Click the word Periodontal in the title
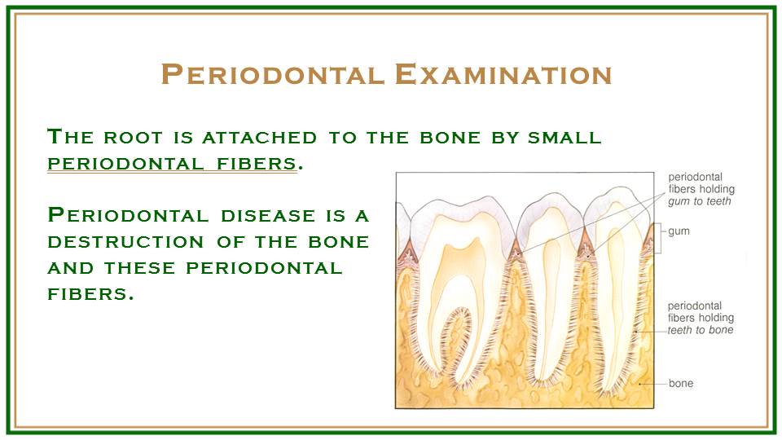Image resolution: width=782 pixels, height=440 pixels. [273, 74]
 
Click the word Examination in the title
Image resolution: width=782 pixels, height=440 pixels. [503, 74]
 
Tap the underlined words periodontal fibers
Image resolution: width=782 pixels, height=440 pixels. [172, 164]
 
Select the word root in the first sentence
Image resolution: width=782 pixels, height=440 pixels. [133, 137]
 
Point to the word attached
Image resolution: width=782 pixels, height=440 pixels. [259, 137]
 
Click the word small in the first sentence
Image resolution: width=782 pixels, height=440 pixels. [565, 137]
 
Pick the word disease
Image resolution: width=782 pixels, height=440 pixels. [268, 215]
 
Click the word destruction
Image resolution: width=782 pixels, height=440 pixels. [125, 242]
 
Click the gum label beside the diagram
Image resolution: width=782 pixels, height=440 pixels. [679, 231]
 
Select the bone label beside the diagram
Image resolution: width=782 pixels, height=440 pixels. [681, 383]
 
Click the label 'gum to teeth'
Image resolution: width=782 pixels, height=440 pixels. [699, 201]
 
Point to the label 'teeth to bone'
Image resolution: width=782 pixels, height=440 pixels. [701, 330]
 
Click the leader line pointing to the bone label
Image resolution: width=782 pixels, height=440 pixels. [653, 384]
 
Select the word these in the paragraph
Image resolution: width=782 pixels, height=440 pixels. [139, 268]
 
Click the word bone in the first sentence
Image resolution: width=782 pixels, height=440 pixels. [450, 137]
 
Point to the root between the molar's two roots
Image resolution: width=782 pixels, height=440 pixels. [455, 344]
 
